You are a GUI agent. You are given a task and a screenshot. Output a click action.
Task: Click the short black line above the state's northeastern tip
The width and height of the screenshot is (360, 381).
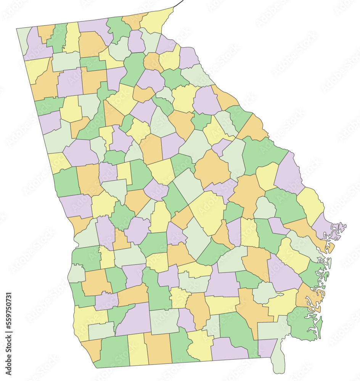coord(178,3)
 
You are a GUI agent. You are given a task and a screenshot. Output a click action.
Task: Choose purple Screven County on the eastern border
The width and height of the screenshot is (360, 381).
coord(288,173)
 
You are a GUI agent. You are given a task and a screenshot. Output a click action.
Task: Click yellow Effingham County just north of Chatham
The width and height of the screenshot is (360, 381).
coord(310,204)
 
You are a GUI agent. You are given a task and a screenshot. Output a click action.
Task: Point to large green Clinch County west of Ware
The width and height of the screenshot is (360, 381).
coord(236,331)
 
